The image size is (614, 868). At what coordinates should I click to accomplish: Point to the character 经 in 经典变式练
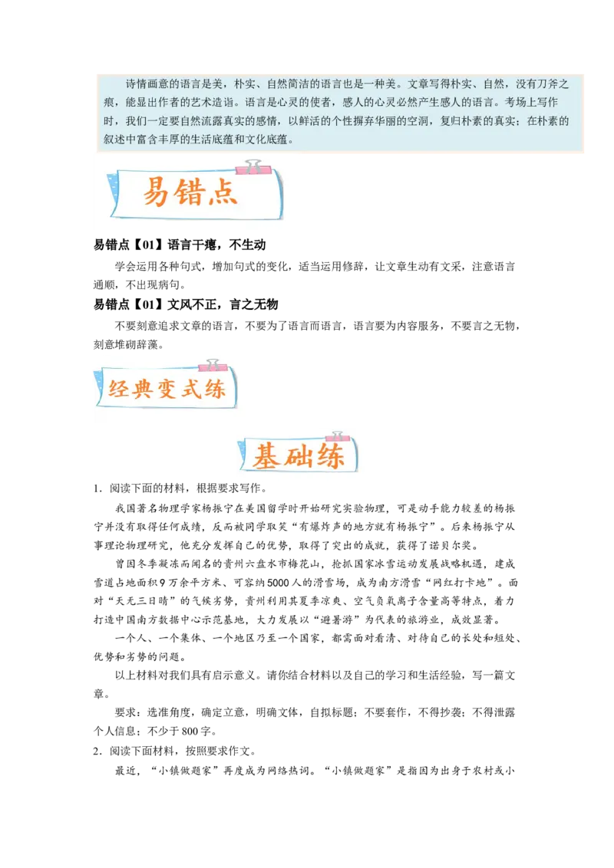pyautogui.click(x=118, y=389)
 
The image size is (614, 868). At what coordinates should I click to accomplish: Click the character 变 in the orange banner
pyautogui.click(x=167, y=389)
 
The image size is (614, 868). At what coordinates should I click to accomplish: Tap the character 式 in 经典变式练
pyautogui.click(x=191, y=389)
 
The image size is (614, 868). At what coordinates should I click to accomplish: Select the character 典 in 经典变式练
pyautogui.click(x=143, y=389)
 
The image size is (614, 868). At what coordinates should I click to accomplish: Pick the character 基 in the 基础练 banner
pyautogui.click(x=268, y=458)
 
